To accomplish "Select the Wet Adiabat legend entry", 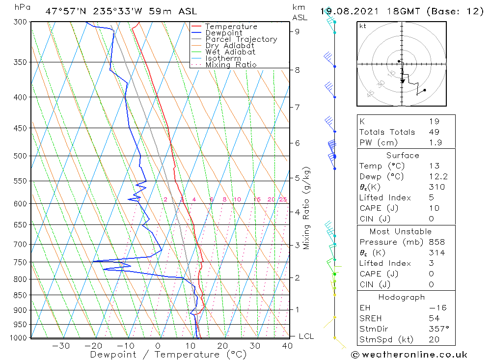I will (x=230, y=52).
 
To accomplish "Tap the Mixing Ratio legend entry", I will (x=231, y=65).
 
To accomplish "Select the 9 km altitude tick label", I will (x=298, y=31).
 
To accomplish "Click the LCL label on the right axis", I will (x=306, y=336).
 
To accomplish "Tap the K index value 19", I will (x=434, y=121).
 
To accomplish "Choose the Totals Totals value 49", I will (x=434, y=132).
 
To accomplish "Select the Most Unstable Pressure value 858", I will (x=436, y=242).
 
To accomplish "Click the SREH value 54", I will (x=434, y=319).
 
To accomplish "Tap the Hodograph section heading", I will (x=402, y=298).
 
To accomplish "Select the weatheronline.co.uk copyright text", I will (x=409, y=355).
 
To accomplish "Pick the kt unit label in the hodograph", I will (x=363, y=26).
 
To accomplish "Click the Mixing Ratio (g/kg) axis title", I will (x=307, y=208).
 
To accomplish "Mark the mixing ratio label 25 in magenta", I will (x=283, y=199).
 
